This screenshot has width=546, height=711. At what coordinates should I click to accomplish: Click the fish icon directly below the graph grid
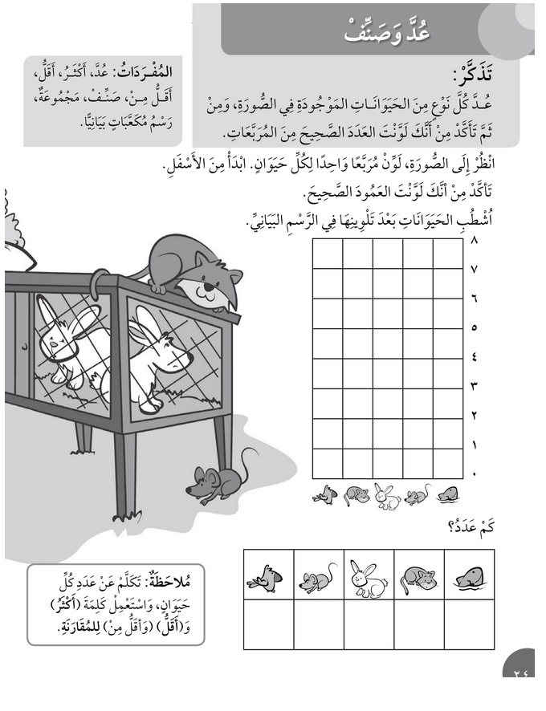[447, 496]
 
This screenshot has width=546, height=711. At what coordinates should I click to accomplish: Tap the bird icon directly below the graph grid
[325, 496]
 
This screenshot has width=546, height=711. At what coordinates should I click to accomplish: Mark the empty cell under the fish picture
[468, 624]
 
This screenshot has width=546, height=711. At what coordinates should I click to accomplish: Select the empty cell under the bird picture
[268, 624]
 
